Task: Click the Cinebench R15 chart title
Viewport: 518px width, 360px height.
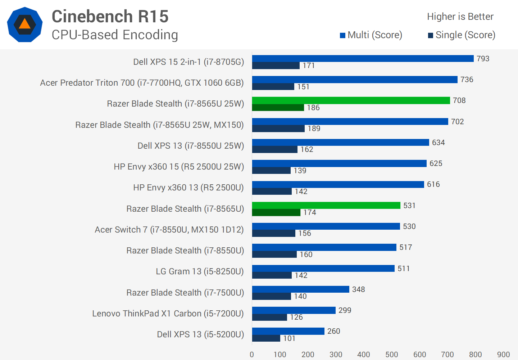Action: coord(110,17)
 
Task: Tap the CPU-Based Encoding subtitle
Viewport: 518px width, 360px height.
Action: coord(115,35)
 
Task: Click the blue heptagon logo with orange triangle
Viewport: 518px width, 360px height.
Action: coord(25,24)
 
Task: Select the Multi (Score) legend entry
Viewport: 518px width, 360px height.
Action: coord(371,35)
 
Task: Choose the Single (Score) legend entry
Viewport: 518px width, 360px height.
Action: coord(462,35)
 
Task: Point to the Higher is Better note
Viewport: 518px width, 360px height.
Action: coord(460,17)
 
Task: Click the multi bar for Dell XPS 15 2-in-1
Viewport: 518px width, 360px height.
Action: coord(363,58)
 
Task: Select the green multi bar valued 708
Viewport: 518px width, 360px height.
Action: coord(351,100)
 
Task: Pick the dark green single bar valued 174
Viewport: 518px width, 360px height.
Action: coord(276,212)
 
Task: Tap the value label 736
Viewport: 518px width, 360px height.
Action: coord(467,80)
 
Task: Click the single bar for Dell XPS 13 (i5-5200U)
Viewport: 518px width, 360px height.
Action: coord(266,338)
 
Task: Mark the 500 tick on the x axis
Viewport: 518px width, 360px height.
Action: coord(392,355)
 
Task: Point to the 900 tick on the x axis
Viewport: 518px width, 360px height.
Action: coord(503,355)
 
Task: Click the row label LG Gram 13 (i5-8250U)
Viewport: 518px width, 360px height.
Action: coord(200,271)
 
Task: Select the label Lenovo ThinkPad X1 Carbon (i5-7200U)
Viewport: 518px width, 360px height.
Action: coord(168,314)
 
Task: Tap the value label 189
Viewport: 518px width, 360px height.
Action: coord(314,129)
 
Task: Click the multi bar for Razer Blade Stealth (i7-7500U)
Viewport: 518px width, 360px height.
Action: coord(300,289)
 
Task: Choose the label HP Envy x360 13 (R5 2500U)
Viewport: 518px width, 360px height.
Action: coord(188,188)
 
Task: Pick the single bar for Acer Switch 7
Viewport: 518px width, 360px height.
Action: coord(273,233)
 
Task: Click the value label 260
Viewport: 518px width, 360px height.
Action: coord(333,331)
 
